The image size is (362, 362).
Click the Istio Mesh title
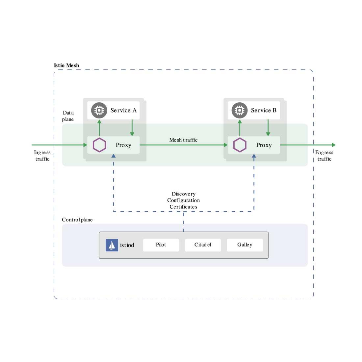point(66,65)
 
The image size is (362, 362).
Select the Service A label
point(123,111)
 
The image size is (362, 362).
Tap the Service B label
point(264,111)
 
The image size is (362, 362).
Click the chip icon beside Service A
point(99,110)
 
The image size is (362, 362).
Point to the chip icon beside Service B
point(240,110)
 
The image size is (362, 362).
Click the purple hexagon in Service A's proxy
point(99,145)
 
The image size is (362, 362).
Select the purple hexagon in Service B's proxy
point(240,145)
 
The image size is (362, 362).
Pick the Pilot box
point(161,245)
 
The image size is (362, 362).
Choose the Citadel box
point(203,245)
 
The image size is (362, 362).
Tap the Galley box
point(245,245)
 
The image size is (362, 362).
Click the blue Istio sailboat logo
point(112,245)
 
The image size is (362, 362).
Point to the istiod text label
point(127,245)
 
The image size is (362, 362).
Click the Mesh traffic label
point(183,140)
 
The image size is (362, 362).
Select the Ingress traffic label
point(42,156)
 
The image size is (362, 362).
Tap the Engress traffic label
point(324,156)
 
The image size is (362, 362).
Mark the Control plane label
point(77,220)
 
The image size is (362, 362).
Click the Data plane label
point(68,116)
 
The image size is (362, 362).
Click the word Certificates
point(183,207)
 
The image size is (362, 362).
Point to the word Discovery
point(183,194)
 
